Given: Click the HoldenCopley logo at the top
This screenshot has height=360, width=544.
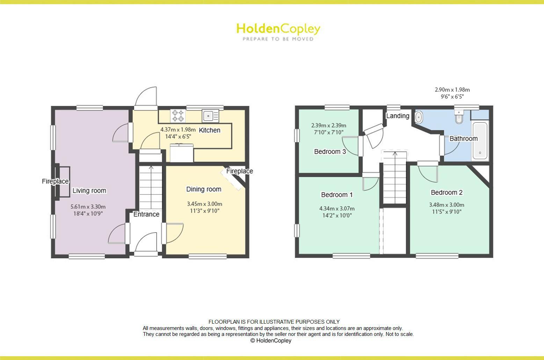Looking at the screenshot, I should click(278, 31).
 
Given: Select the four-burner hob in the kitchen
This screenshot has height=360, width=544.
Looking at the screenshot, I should click(177, 116).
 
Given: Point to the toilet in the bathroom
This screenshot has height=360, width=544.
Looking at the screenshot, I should click(459, 118).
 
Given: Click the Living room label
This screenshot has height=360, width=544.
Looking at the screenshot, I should click(89, 191).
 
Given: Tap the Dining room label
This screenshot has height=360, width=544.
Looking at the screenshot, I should click(204, 189).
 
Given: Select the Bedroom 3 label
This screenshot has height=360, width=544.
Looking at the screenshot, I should click(330, 152).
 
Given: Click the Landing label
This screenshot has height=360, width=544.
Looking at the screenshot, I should click(398, 116).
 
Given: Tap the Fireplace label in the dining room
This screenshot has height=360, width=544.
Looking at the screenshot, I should click(239, 171).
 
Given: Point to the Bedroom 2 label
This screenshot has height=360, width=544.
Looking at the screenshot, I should click(447, 192).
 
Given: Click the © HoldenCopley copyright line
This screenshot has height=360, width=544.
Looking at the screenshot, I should click(271, 340).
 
